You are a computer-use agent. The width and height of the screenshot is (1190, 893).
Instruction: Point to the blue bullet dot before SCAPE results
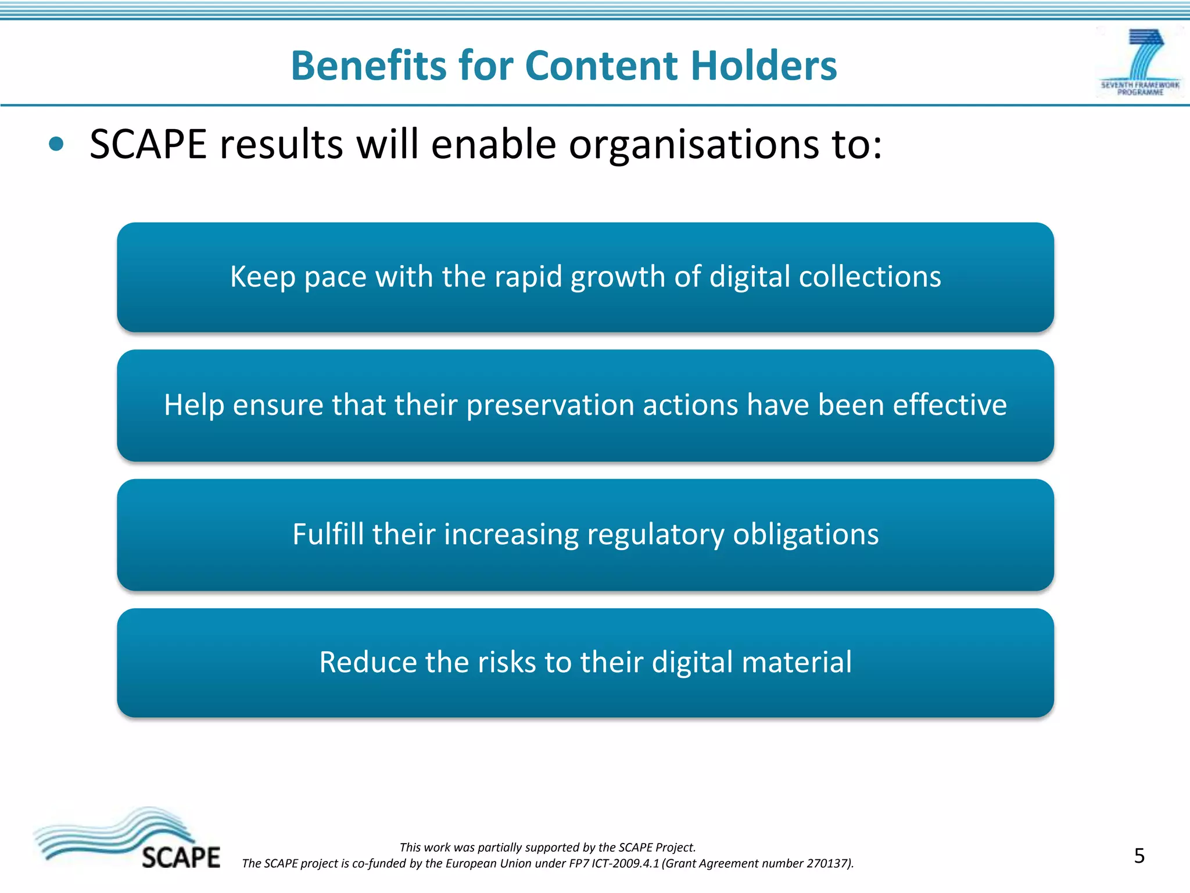[56, 144]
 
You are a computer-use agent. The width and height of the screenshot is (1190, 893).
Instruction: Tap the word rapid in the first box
[528, 277]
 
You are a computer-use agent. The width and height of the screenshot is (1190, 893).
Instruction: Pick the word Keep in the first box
[263, 277]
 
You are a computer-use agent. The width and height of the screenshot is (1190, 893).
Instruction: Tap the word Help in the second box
[193, 405]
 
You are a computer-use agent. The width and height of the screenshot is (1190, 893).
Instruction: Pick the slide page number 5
[1139, 856]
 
